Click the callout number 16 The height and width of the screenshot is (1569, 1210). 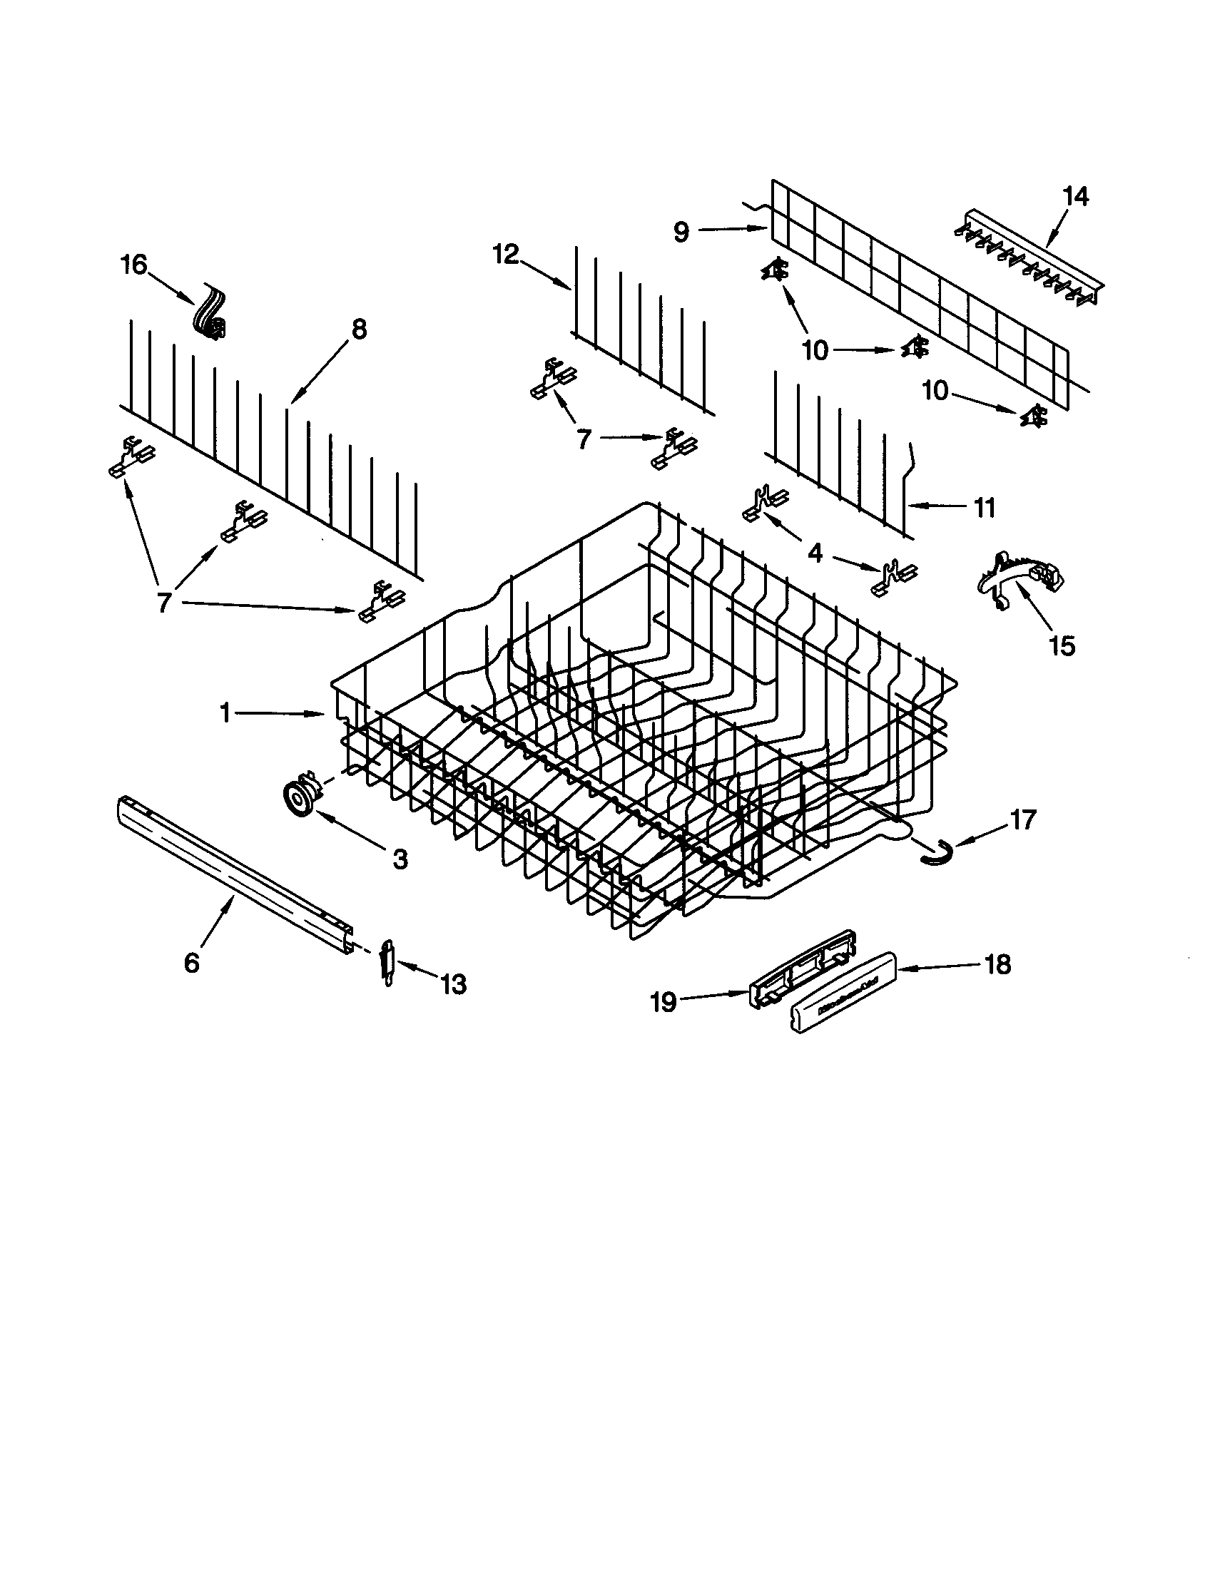click(134, 265)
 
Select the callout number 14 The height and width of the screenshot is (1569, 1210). click(1075, 196)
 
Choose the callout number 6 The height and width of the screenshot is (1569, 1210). click(191, 963)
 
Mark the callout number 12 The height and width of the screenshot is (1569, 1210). click(506, 255)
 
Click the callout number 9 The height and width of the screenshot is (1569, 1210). click(681, 231)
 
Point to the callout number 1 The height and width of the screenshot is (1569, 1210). click(225, 713)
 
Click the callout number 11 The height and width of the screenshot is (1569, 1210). click(984, 508)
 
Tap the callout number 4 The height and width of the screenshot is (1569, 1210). click(815, 553)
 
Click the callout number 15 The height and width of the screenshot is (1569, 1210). click(1062, 646)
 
